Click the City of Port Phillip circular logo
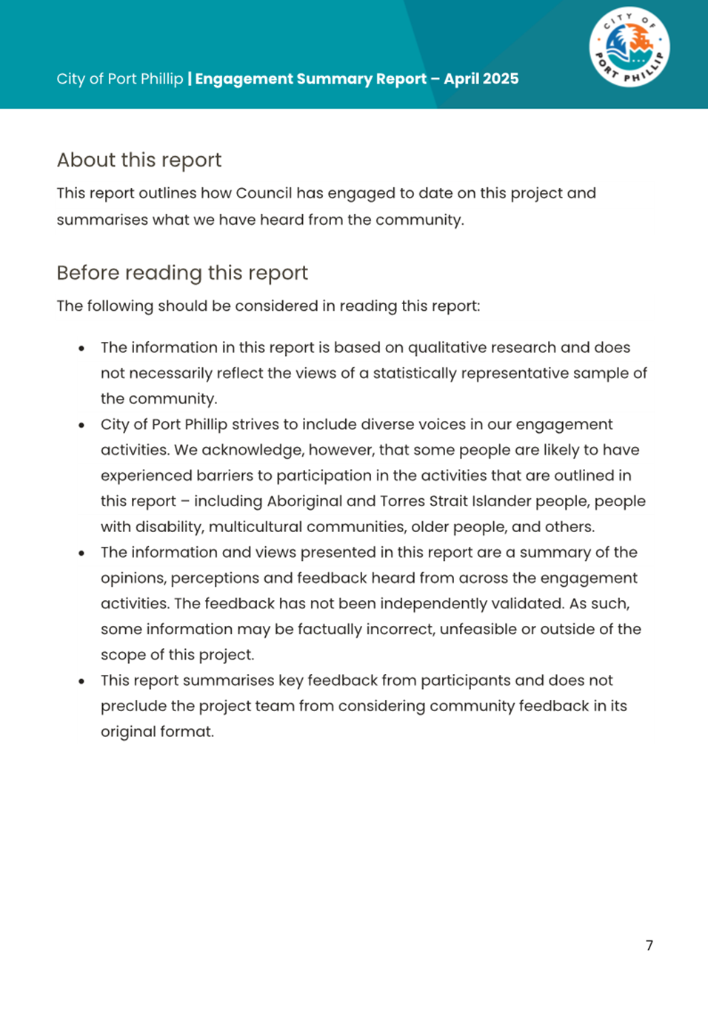629,47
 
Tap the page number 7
649,945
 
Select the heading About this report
139,160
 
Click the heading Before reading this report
182,272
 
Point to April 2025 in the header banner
481,78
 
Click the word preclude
133,706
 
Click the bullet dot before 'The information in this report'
81,348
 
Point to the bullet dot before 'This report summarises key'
81,681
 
